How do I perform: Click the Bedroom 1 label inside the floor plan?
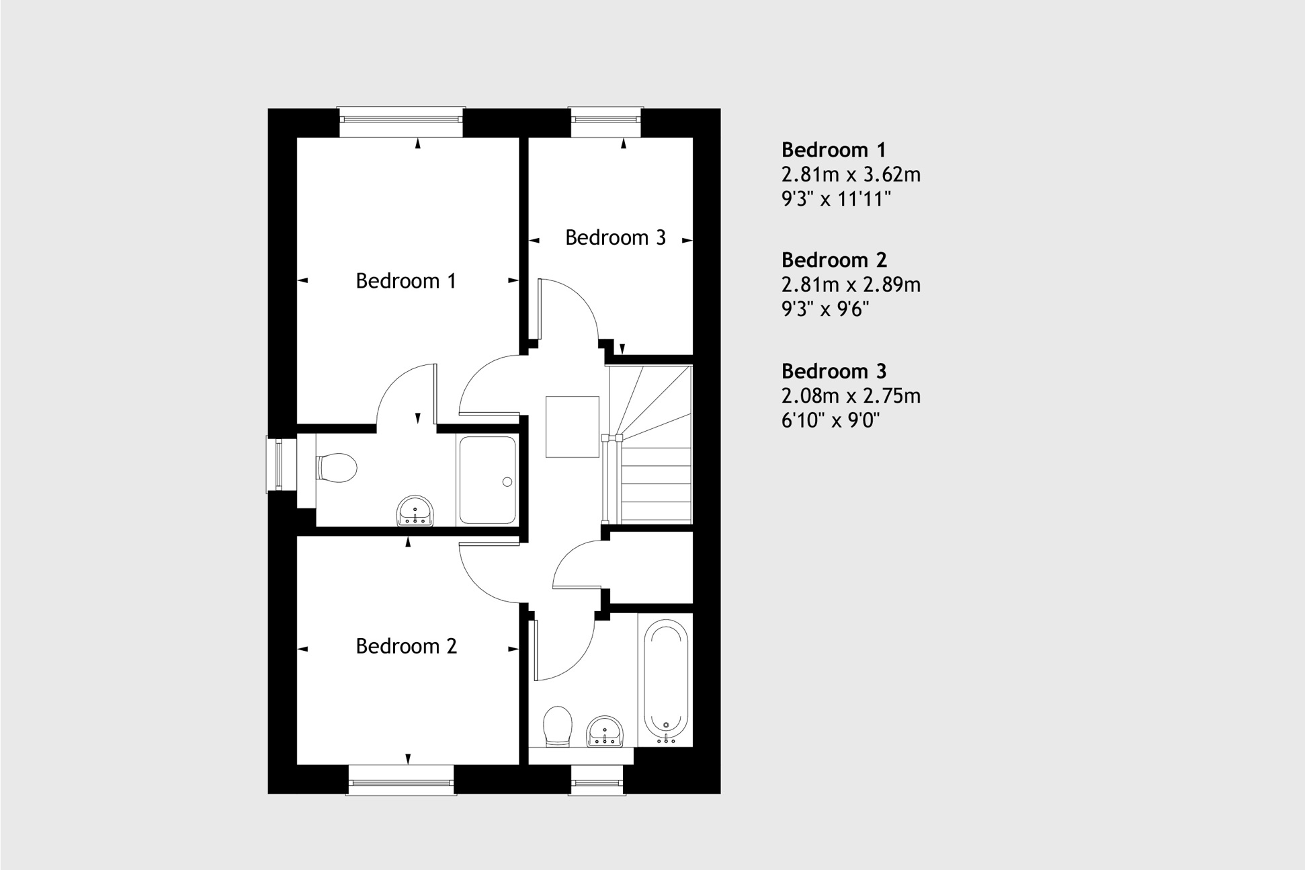pyautogui.click(x=406, y=280)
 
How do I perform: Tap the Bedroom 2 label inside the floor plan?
pyautogui.click(x=406, y=646)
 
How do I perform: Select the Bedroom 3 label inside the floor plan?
pyautogui.click(x=616, y=237)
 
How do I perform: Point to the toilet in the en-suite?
pyautogui.click(x=336, y=467)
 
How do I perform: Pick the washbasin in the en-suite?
pyautogui.click(x=415, y=511)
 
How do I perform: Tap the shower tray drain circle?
pyautogui.click(x=507, y=481)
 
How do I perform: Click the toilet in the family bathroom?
pyautogui.click(x=557, y=726)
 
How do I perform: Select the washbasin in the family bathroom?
pyautogui.click(x=605, y=731)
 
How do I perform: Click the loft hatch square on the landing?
pyautogui.click(x=573, y=427)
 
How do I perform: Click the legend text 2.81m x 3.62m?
pyautogui.click(x=851, y=175)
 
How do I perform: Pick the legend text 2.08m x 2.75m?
pyautogui.click(x=851, y=396)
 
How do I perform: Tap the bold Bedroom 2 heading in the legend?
pyautogui.click(x=834, y=260)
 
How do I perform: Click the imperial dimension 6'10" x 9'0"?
pyautogui.click(x=831, y=420)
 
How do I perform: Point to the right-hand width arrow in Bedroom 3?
pyautogui.click(x=687, y=240)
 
